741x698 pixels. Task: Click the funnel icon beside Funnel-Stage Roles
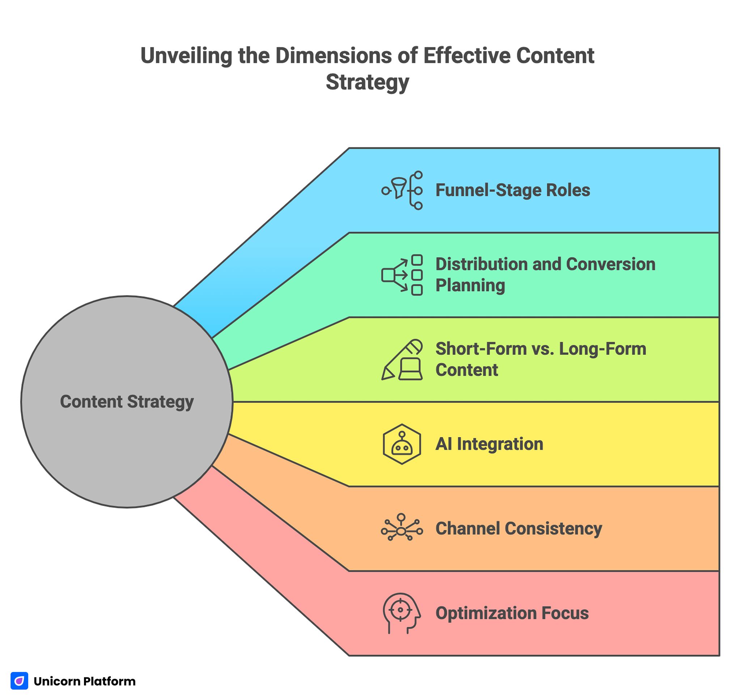click(x=402, y=191)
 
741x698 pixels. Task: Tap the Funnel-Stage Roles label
click(x=512, y=190)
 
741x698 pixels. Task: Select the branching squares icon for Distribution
click(x=402, y=275)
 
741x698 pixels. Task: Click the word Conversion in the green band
click(x=610, y=264)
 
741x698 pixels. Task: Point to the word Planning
click(x=470, y=285)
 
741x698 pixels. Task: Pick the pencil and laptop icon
click(x=402, y=359)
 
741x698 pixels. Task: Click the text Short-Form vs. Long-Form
click(x=541, y=349)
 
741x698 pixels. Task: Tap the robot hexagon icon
click(x=402, y=444)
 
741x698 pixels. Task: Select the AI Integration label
click(x=489, y=444)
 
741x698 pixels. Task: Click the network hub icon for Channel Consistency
click(x=402, y=528)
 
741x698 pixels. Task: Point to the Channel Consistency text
click(x=518, y=528)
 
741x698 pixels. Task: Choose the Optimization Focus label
click(x=512, y=613)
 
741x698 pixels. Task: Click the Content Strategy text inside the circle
click(x=127, y=401)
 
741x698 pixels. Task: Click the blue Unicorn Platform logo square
click(x=20, y=681)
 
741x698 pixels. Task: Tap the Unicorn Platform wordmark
click(x=85, y=681)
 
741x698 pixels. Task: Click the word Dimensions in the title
click(x=334, y=56)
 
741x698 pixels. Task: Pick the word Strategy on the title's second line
click(x=368, y=82)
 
